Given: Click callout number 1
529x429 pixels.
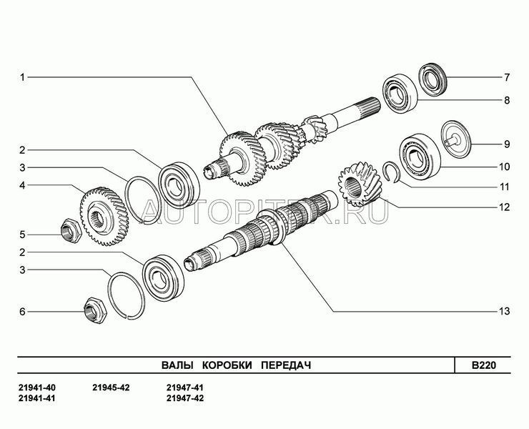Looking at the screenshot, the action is pos(22,78).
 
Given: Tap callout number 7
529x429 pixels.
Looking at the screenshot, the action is pos(507,78).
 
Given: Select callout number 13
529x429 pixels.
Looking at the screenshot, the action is pos(505,311).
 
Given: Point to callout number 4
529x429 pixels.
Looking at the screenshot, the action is pos(22,185).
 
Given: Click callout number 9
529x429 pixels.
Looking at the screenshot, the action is pos(507,144).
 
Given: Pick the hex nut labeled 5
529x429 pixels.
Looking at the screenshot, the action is pos(71,230).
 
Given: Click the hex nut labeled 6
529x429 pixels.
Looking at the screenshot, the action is pos(95,310).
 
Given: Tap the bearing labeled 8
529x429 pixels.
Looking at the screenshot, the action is pos(400,93).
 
